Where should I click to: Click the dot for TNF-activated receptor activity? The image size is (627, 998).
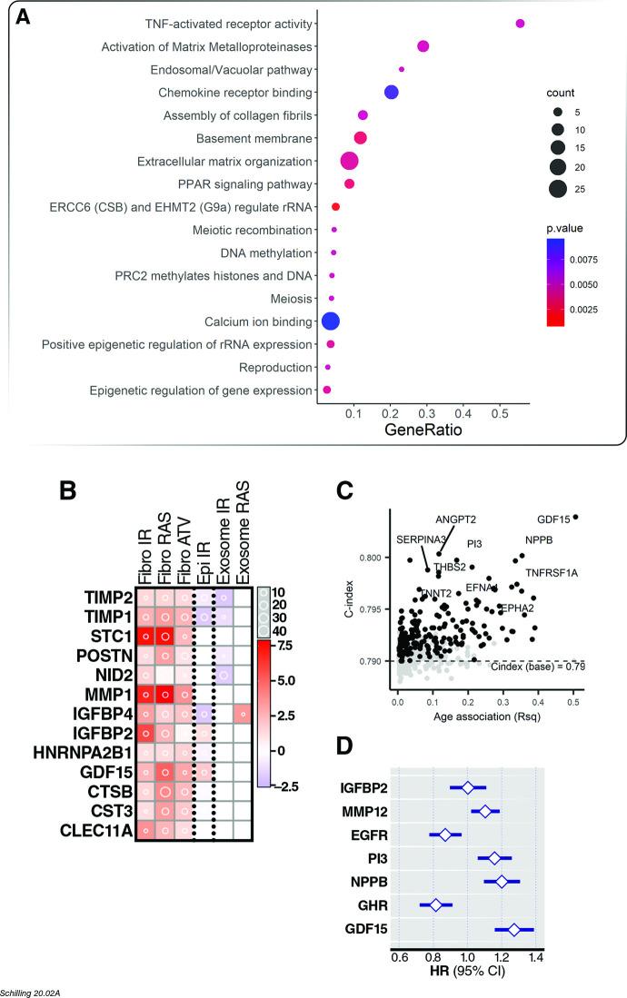pyautogui.click(x=520, y=24)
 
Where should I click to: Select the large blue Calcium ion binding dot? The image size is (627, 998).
pyautogui.click(x=331, y=321)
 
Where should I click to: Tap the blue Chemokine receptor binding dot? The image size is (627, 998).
pyautogui.click(x=391, y=92)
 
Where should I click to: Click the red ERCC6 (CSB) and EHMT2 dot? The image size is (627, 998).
pyautogui.click(x=335, y=207)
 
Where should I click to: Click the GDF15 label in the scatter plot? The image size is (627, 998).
pyautogui.click(x=553, y=520)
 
